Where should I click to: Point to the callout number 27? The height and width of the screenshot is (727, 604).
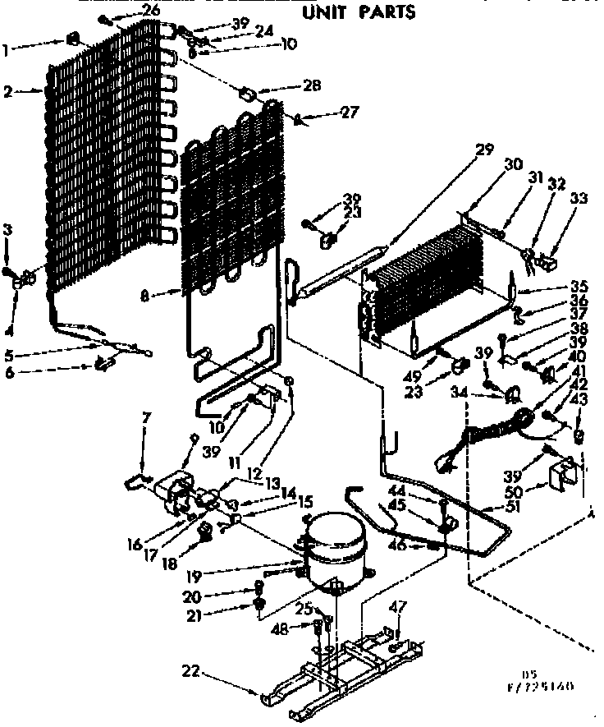[350, 113]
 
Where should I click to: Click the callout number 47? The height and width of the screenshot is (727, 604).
[399, 606]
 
